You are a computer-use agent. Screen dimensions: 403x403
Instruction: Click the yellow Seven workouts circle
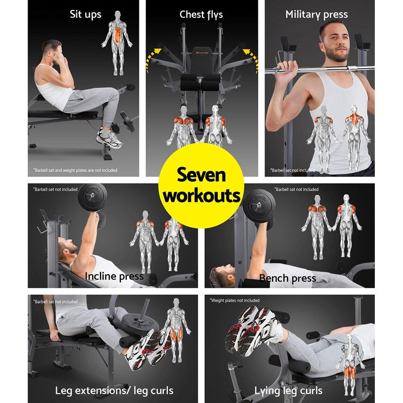pyautogui.click(x=201, y=185)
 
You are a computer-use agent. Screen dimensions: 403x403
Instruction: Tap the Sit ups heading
pyautogui.click(x=85, y=14)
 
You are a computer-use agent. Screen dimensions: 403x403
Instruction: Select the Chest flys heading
pyautogui.click(x=201, y=15)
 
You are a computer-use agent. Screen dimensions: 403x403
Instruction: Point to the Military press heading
pyautogui.click(x=317, y=15)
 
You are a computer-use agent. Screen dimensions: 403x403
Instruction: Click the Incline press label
pyautogui.click(x=114, y=276)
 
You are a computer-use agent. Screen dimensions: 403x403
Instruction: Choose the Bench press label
pyautogui.click(x=288, y=278)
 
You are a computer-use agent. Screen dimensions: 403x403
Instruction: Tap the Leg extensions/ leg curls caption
pyautogui.click(x=114, y=390)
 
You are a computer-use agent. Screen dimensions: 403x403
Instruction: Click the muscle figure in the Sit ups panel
pyautogui.click(x=117, y=42)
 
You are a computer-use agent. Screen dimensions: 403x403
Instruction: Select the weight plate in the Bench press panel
pyautogui.click(x=259, y=206)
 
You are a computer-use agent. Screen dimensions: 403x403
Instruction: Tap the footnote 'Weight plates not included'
pyautogui.click(x=235, y=301)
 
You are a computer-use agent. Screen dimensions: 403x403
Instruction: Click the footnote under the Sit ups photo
pyautogui.click(x=75, y=170)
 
